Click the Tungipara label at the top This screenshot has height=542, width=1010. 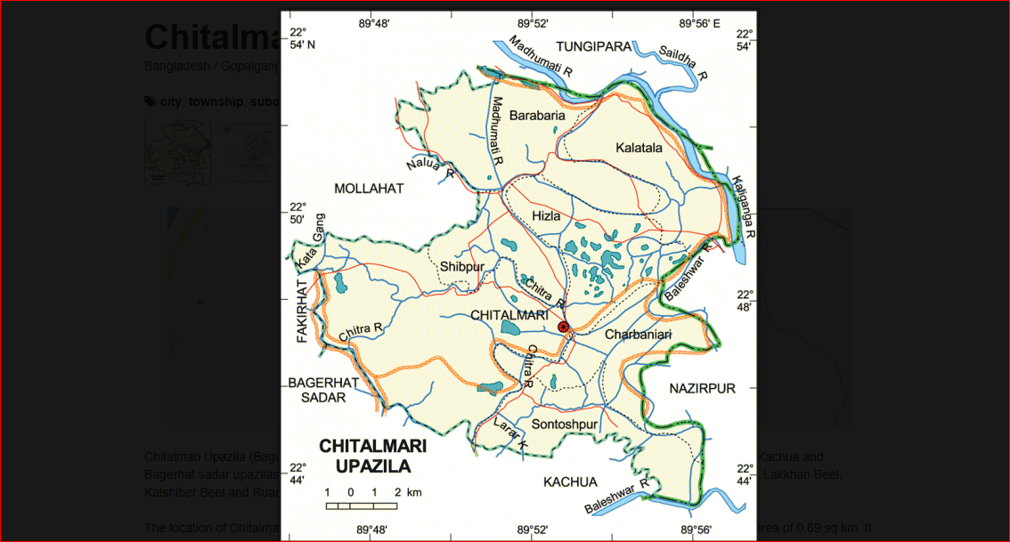[x=593, y=46]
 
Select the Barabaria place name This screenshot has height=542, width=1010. [x=537, y=115]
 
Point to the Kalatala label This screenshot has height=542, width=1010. [x=639, y=148]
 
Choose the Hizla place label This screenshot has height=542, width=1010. [x=546, y=216]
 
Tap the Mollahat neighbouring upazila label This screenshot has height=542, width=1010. [x=369, y=189]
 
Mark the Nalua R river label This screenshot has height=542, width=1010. [x=430, y=166]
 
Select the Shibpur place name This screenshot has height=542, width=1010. [x=462, y=266]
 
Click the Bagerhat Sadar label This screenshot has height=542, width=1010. [x=322, y=390]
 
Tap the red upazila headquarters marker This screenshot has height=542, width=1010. [x=563, y=328]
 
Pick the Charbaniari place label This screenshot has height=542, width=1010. [x=638, y=335]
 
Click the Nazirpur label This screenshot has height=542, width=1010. [x=703, y=389]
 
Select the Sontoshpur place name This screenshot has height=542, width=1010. [x=564, y=425]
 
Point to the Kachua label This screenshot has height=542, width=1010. [x=570, y=481]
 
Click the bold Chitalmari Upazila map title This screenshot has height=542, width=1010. [x=373, y=455]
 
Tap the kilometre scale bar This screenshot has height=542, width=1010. [x=361, y=506]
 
